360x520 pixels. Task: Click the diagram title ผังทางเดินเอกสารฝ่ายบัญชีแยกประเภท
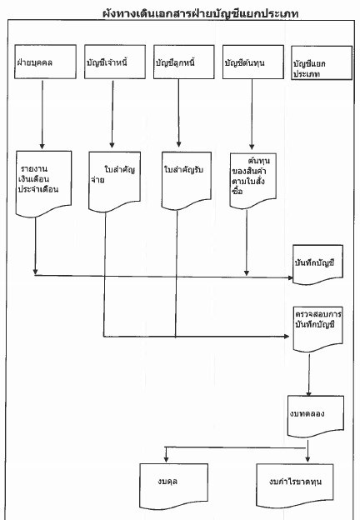tap(201, 13)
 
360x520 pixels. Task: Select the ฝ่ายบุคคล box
tap(45, 62)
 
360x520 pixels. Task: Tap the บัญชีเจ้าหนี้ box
tap(115, 62)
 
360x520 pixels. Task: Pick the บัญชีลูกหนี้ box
tap(183, 62)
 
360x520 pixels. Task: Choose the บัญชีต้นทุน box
tap(253, 62)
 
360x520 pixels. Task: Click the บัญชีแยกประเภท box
tap(322, 62)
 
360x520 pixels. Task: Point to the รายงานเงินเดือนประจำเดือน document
tap(43, 184)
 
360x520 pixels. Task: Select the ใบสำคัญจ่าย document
tap(114, 182)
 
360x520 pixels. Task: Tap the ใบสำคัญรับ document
tap(187, 181)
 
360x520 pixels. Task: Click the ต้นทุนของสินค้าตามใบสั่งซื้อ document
tap(253, 181)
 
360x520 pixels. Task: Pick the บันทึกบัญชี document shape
tap(317, 265)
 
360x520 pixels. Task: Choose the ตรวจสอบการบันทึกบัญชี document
tap(317, 329)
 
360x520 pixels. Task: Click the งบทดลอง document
tap(315, 416)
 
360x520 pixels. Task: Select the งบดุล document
tap(173, 486)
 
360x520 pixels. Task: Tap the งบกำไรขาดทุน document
tap(295, 485)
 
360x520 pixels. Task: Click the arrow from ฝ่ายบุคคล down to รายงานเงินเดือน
tap(42, 114)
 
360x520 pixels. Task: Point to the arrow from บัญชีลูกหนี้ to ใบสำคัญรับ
tap(178, 113)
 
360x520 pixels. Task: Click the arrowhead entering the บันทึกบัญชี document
tap(290, 277)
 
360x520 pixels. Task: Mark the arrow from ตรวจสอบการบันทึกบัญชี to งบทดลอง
tap(309, 375)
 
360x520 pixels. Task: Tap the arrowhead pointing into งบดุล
tap(166, 459)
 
